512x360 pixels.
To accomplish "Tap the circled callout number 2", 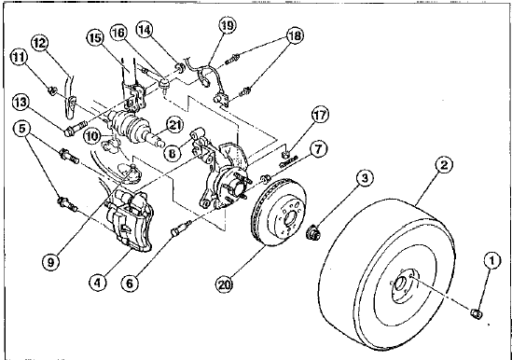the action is pos(443,165).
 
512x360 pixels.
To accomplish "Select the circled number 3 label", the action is pos(365,178).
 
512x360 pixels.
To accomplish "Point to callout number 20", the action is pos(224,285).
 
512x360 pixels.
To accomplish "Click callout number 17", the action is pos(320,115).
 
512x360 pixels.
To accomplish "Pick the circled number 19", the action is pos(227,25).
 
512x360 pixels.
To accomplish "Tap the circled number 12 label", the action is pos(40,43).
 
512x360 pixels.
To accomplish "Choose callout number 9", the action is pos(50,262).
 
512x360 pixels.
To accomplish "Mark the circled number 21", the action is pos(174,125).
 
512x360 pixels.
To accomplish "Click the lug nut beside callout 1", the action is pos(477,313).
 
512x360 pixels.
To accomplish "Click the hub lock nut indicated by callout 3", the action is pos(313,233).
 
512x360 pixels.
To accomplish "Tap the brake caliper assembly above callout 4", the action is pos(129,220).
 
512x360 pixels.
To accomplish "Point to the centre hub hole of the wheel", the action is pos(399,283).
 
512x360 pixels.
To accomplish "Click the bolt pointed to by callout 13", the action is pos(76,128).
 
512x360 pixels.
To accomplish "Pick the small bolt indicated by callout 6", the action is pos(181,227).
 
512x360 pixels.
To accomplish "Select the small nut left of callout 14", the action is pos(180,69).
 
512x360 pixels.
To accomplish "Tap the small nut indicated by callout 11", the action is pos(52,90).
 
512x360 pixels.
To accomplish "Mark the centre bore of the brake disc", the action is pos(290,217).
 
